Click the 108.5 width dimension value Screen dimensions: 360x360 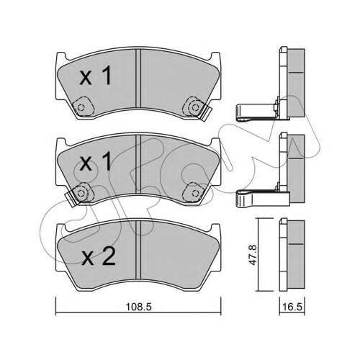(x=139, y=307)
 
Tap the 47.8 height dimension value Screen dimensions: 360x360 (x=253, y=255)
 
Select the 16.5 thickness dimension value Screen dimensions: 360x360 (x=292, y=307)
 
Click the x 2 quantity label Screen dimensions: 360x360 (x=99, y=257)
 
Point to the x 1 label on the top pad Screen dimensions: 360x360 (x=95, y=76)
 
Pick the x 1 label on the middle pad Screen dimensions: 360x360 (x=95, y=161)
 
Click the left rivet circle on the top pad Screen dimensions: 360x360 (x=81, y=107)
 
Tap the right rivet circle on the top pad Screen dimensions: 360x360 (x=194, y=107)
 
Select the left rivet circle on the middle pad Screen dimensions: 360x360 (x=81, y=193)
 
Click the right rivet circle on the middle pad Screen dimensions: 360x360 (x=194, y=193)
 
